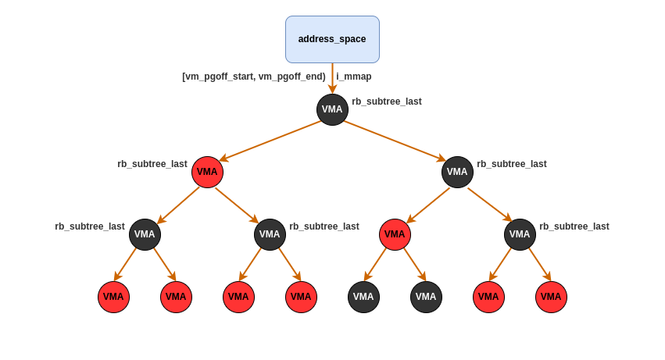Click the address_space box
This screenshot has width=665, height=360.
point(332,39)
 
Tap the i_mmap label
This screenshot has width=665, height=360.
point(354,77)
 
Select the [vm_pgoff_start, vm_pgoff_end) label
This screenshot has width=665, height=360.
point(254,77)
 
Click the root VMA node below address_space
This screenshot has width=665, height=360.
point(332,109)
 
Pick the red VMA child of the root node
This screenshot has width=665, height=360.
point(207,172)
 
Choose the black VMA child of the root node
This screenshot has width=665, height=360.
point(457,172)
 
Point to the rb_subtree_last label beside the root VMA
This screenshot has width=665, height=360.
point(387,102)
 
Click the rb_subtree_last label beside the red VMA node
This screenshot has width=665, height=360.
point(152,164)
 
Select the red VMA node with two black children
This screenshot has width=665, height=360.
point(395,234)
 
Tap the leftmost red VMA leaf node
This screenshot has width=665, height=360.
point(113,297)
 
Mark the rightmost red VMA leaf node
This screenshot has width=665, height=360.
point(551,297)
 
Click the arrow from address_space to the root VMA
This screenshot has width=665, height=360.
point(332,78)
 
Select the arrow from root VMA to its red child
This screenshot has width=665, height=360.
point(270,141)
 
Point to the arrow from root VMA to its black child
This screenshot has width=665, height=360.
point(395,141)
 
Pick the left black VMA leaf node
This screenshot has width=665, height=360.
point(363,297)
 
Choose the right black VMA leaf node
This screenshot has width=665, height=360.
point(426,297)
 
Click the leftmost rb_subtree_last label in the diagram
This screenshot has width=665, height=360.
point(90,226)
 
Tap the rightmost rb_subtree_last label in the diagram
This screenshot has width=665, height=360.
point(574,226)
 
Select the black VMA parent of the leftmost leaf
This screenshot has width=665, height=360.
point(145,234)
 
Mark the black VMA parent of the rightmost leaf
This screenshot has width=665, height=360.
point(520,234)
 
